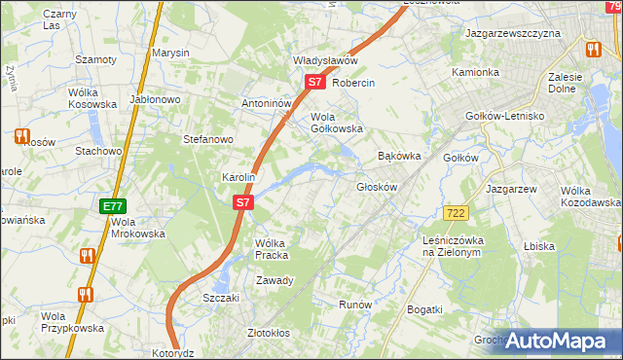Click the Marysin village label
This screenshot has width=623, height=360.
click(x=170, y=53)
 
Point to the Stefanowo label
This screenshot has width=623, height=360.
click(x=207, y=139)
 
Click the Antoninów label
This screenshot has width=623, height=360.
click(x=268, y=103)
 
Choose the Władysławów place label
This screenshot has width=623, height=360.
click(x=326, y=60)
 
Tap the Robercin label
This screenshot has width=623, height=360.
click(x=353, y=83)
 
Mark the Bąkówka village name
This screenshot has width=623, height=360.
click(x=398, y=156)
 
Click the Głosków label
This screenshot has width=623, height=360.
click(x=379, y=187)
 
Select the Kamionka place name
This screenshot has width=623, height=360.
click(x=475, y=73)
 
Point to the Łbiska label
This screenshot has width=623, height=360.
click(x=538, y=246)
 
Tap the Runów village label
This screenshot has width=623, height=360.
click(x=355, y=305)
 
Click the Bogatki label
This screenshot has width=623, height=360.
click(x=425, y=309)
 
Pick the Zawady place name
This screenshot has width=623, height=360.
click(x=275, y=280)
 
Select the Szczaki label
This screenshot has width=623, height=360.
click(x=221, y=298)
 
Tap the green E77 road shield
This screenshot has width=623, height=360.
click(x=112, y=206)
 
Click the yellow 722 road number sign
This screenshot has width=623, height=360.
click(x=455, y=212)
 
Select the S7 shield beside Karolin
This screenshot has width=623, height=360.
click(x=244, y=203)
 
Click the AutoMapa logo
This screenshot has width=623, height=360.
click(x=557, y=341)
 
